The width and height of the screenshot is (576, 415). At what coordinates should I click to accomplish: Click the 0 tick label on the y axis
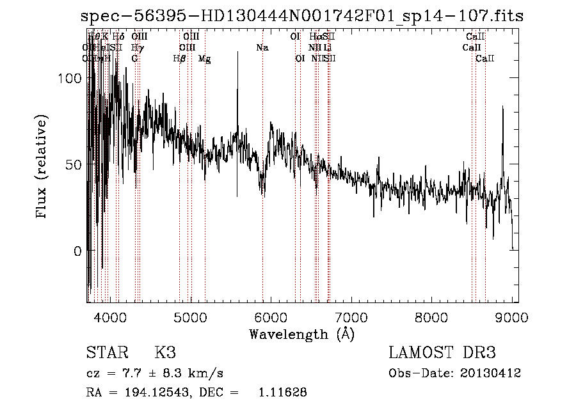[77, 251]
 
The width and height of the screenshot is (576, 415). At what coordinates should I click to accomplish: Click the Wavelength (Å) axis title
[301, 334]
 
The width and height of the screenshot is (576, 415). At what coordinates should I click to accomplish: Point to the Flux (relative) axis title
[43, 168]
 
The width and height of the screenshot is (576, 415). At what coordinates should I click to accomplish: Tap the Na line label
[262, 48]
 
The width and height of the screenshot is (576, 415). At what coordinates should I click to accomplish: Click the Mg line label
[204, 59]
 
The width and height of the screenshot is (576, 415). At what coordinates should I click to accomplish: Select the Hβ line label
[179, 59]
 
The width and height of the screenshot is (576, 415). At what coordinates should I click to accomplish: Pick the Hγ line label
[137, 48]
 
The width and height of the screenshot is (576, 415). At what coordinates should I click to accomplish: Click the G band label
[134, 59]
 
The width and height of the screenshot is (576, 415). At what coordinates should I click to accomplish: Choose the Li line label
[327, 48]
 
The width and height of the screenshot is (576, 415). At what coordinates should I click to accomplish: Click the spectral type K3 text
[165, 352]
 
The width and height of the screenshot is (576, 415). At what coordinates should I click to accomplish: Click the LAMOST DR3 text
[442, 352]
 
